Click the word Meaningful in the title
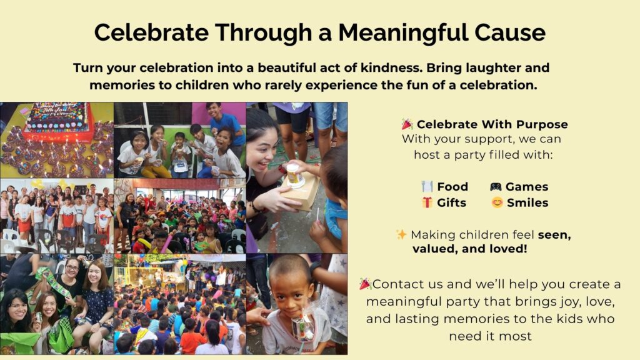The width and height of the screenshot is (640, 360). click(x=403, y=32)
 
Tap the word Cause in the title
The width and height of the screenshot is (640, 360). click(x=509, y=32)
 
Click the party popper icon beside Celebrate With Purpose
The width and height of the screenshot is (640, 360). click(x=407, y=124)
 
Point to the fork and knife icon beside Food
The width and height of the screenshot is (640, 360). click(x=427, y=186)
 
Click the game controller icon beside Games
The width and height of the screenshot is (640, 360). click(x=496, y=186)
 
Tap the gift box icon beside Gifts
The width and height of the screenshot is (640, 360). click(x=427, y=202)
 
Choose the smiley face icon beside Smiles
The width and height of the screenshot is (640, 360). click(x=497, y=202)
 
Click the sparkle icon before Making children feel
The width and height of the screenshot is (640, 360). click(x=401, y=234)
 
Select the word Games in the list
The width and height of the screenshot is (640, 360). click(x=527, y=186)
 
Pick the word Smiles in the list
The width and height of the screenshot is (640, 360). click(x=527, y=202)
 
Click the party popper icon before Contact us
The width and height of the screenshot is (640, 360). click(x=365, y=284)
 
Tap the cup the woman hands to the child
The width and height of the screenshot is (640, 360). click(x=294, y=176)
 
